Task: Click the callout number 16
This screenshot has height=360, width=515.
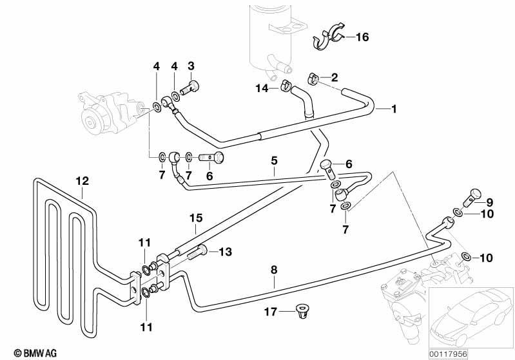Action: (362, 37)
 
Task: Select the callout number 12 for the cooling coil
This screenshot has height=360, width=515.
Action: (82, 181)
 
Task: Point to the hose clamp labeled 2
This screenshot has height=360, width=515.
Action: (314, 79)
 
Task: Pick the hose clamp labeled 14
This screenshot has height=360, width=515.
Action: (286, 85)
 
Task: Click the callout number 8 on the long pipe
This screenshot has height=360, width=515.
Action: (274, 270)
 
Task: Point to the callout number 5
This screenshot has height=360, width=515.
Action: (274, 161)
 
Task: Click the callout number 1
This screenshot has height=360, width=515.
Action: (394, 109)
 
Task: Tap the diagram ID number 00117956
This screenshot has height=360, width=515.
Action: (448, 354)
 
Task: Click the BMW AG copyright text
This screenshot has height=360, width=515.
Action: (35, 353)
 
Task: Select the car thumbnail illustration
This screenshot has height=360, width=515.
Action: (471, 318)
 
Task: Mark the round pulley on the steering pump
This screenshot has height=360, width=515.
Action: (90, 123)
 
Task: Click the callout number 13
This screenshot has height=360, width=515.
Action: (226, 252)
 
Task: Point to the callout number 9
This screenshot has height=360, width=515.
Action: (490, 202)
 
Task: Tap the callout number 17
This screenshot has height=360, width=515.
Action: (271, 312)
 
